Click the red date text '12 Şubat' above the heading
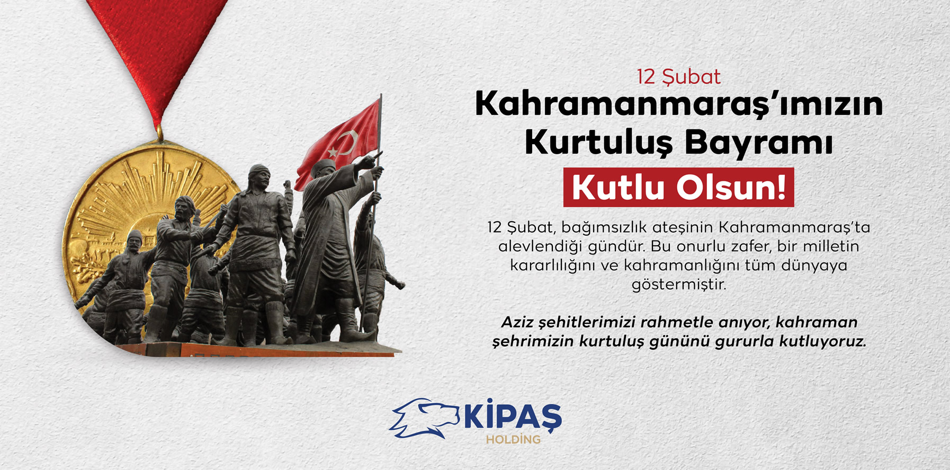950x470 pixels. click(x=678, y=77)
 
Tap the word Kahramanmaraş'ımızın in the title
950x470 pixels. click(x=678, y=104)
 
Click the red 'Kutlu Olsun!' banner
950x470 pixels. click(x=678, y=188)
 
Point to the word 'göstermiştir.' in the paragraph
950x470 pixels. click(x=678, y=285)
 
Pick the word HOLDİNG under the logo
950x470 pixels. click(x=513, y=439)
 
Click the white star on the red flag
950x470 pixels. click(x=333, y=152)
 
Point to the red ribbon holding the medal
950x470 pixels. click(x=159, y=48)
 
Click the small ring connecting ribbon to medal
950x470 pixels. click(x=159, y=131)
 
